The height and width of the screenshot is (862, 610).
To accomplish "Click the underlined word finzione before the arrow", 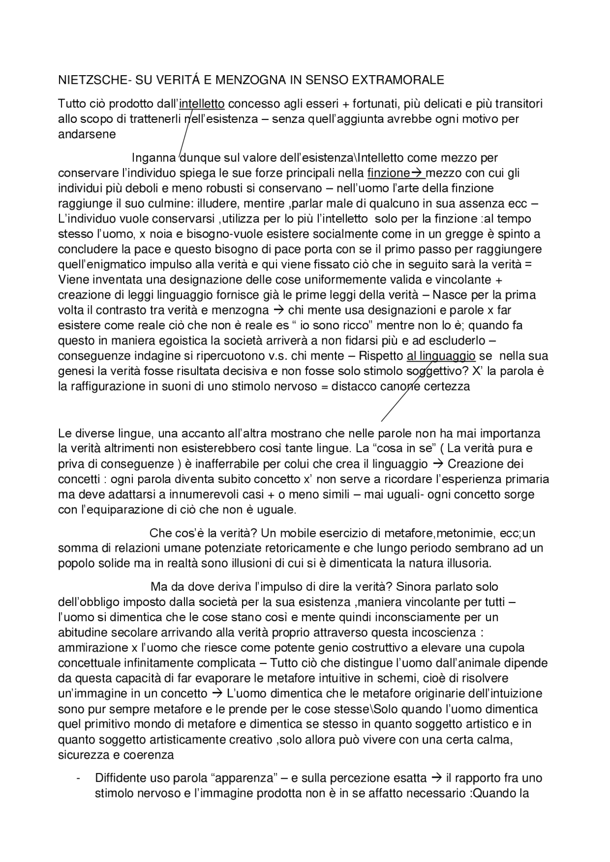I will point(388,173).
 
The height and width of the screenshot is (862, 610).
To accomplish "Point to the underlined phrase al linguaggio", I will point(441,356).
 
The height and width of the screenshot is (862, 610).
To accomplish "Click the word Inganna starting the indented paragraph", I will point(153,158).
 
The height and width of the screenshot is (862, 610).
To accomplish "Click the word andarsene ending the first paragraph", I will point(87,134).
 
